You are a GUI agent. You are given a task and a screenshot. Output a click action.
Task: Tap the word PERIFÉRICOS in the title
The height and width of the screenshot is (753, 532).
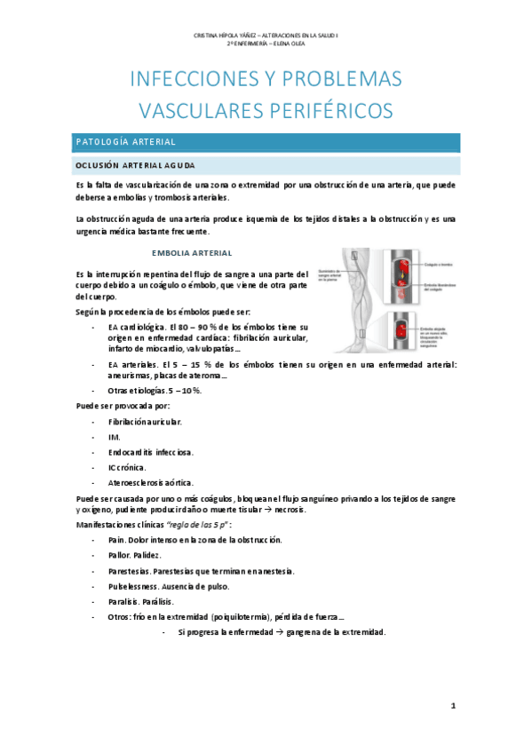coord(324,110)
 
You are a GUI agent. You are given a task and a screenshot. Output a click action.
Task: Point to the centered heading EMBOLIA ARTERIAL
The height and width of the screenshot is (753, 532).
coord(192,252)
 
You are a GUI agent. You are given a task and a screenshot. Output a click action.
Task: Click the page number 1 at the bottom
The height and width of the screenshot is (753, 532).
coord(453,706)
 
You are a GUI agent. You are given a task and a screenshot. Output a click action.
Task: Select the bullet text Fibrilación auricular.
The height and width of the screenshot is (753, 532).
coord(145,421)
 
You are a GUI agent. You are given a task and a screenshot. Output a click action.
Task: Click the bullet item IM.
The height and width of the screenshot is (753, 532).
coord(114,437)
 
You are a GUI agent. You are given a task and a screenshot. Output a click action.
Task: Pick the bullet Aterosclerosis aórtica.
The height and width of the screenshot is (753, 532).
coord(149,483)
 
